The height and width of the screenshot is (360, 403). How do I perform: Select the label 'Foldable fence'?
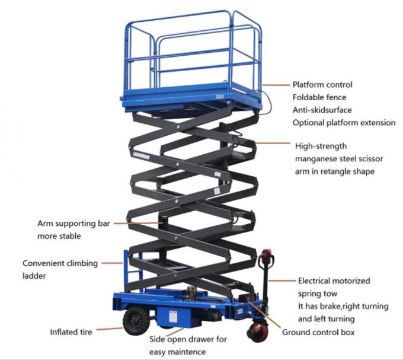tap(319, 97)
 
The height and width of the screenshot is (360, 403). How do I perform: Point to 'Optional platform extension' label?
tap(343, 123)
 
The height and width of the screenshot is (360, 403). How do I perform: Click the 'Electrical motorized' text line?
tap(334, 280)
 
